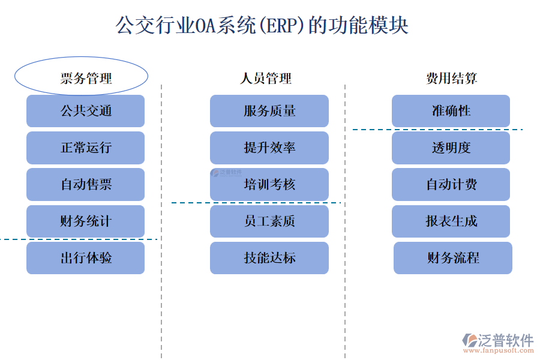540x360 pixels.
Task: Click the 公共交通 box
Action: [x=85, y=111]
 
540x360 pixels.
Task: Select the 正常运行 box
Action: [x=85, y=148]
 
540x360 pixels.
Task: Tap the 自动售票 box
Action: [x=85, y=184]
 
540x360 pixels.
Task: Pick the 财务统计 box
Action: [x=85, y=221]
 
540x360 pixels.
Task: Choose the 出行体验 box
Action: [x=85, y=258]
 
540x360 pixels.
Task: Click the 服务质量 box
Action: [x=269, y=111]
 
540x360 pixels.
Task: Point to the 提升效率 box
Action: [x=269, y=148]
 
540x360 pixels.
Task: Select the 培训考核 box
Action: [x=269, y=184]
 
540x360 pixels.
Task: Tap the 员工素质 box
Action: [x=269, y=221]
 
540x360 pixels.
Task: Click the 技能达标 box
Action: [x=269, y=258]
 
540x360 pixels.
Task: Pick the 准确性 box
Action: [x=451, y=111]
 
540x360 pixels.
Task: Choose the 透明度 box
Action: [x=451, y=148]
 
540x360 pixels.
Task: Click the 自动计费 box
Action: [x=451, y=184]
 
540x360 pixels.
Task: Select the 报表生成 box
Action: [x=451, y=221]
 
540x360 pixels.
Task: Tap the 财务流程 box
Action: [x=452, y=258]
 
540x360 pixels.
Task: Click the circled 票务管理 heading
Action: [x=81, y=77]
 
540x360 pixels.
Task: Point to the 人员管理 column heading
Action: [x=266, y=78]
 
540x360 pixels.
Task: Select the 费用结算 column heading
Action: [x=451, y=78]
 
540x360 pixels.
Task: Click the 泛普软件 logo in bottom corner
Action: [x=497, y=342]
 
